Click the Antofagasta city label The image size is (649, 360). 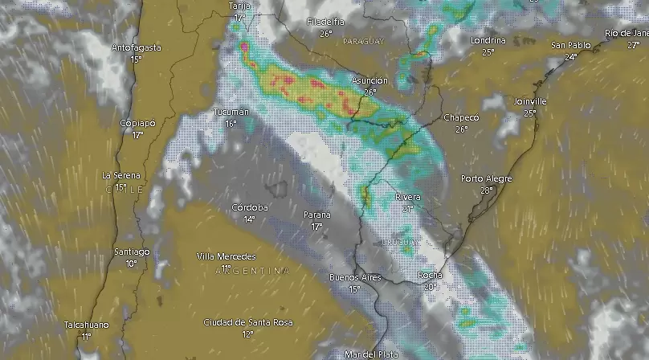click(x=136, y=47)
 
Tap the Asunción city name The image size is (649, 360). click(x=369, y=81)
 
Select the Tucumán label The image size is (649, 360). click(x=231, y=112)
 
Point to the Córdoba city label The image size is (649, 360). click(x=249, y=207)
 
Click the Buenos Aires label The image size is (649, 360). click(x=355, y=278)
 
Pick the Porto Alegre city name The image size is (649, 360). click(x=486, y=179)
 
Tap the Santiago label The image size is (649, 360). click(x=131, y=252)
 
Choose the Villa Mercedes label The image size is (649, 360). click(x=227, y=256)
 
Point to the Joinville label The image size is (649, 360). click(x=530, y=102)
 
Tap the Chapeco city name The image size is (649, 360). click(x=461, y=118)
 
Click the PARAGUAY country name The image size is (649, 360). click(x=364, y=40)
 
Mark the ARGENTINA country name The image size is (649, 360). click(x=252, y=271)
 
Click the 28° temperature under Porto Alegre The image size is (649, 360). click(x=486, y=190)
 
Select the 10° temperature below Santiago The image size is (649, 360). click(x=131, y=263)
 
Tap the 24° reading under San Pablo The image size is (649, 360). click(x=571, y=57)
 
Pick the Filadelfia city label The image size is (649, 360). click(x=325, y=22)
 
